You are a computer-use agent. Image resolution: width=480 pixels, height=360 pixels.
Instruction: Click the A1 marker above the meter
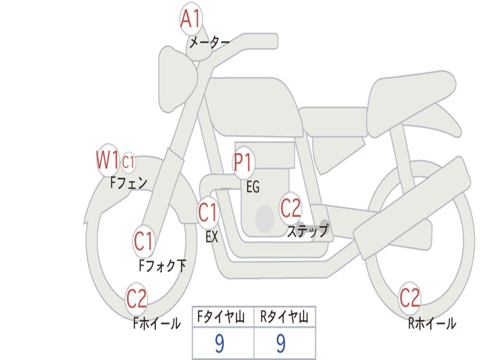point(191,20)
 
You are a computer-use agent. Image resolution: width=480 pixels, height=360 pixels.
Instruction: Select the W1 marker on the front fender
point(107,160)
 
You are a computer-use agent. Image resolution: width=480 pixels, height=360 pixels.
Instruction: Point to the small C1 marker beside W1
point(128,162)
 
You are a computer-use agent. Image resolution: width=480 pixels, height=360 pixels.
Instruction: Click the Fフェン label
point(129,182)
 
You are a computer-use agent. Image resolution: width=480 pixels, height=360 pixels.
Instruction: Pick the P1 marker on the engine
point(243,163)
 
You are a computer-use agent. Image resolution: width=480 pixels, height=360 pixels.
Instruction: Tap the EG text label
point(253,187)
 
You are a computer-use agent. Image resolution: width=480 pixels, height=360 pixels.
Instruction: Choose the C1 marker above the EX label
point(208,213)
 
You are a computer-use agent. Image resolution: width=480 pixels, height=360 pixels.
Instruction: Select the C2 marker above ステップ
point(291,208)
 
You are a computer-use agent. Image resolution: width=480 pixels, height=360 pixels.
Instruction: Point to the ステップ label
point(307,231)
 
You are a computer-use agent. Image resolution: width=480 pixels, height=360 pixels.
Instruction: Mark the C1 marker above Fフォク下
point(143,241)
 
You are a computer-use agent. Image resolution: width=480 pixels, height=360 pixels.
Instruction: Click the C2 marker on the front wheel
point(136,298)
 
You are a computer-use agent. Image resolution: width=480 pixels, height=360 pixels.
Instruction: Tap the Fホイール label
point(157,323)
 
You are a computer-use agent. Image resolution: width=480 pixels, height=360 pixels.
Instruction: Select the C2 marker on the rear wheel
point(409,297)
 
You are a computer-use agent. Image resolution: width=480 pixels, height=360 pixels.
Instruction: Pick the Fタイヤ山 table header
point(223,317)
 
